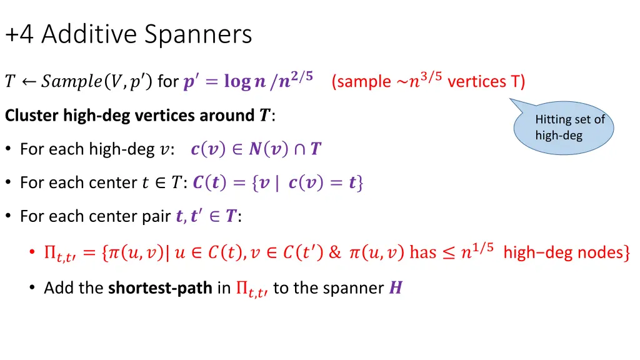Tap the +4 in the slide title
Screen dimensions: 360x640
[x=20, y=34]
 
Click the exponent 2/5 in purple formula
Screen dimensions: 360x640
[x=304, y=76]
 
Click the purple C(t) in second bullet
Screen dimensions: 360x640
[x=208, y=182]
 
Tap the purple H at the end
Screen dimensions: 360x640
[x=395, y=287]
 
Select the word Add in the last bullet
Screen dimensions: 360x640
[x=55, y=287]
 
